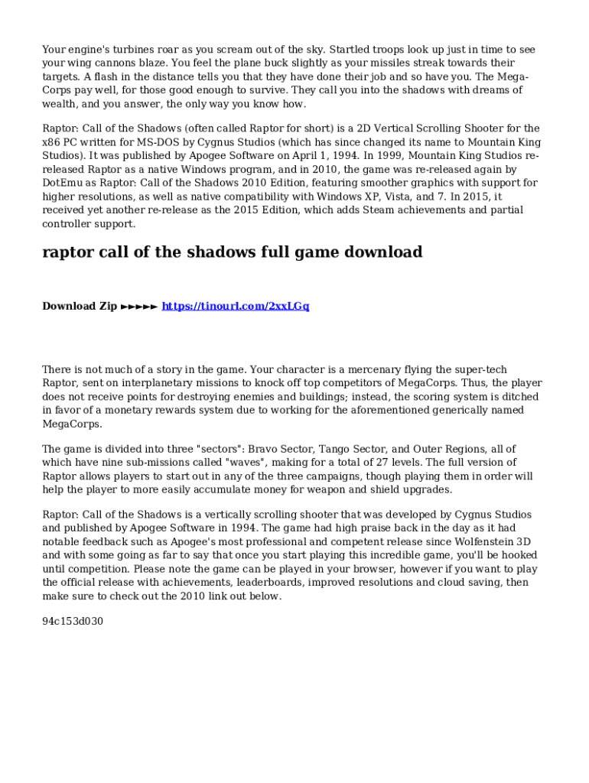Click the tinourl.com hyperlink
[236, 306]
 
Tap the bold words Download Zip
[80, 306]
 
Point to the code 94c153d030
[73, 622]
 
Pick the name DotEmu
[64, 184]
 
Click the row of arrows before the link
[139, 306]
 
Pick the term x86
[52, 142]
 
